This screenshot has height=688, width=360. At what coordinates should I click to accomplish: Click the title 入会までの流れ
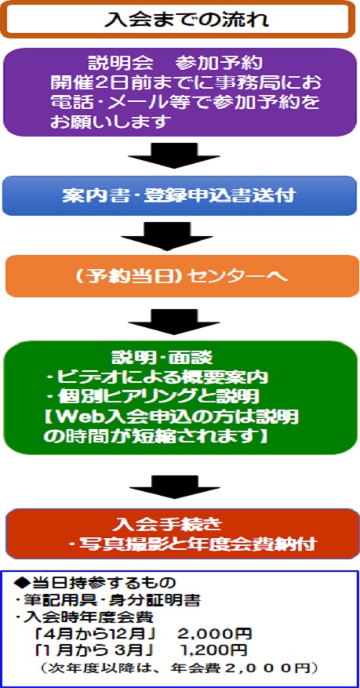187,20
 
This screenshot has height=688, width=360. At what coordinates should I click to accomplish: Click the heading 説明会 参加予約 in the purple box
176,64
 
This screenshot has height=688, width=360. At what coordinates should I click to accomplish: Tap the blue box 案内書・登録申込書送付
180,195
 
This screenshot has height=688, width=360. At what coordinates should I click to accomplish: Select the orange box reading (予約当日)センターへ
182,276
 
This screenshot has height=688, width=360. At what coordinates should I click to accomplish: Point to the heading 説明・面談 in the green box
162,358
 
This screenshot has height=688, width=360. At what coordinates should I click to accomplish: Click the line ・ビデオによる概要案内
157,377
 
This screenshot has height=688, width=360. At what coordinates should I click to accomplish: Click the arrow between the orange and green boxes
174,322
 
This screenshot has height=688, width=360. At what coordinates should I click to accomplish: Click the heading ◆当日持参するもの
95,583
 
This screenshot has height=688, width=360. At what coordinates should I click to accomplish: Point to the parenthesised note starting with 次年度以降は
177,668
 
